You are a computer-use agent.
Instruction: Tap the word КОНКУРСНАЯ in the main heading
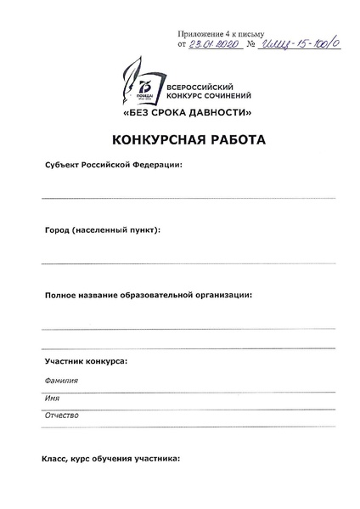pos(151,139)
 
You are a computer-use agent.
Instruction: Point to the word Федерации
pos(158,165)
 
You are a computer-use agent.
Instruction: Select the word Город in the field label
pos(57,230)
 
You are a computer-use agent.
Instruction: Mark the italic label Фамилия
pos(60,381)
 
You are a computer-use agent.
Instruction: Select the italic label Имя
pos(52,398)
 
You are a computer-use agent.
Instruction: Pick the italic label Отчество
pos(61,415)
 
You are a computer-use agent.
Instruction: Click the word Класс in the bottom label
pos(55,459)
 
